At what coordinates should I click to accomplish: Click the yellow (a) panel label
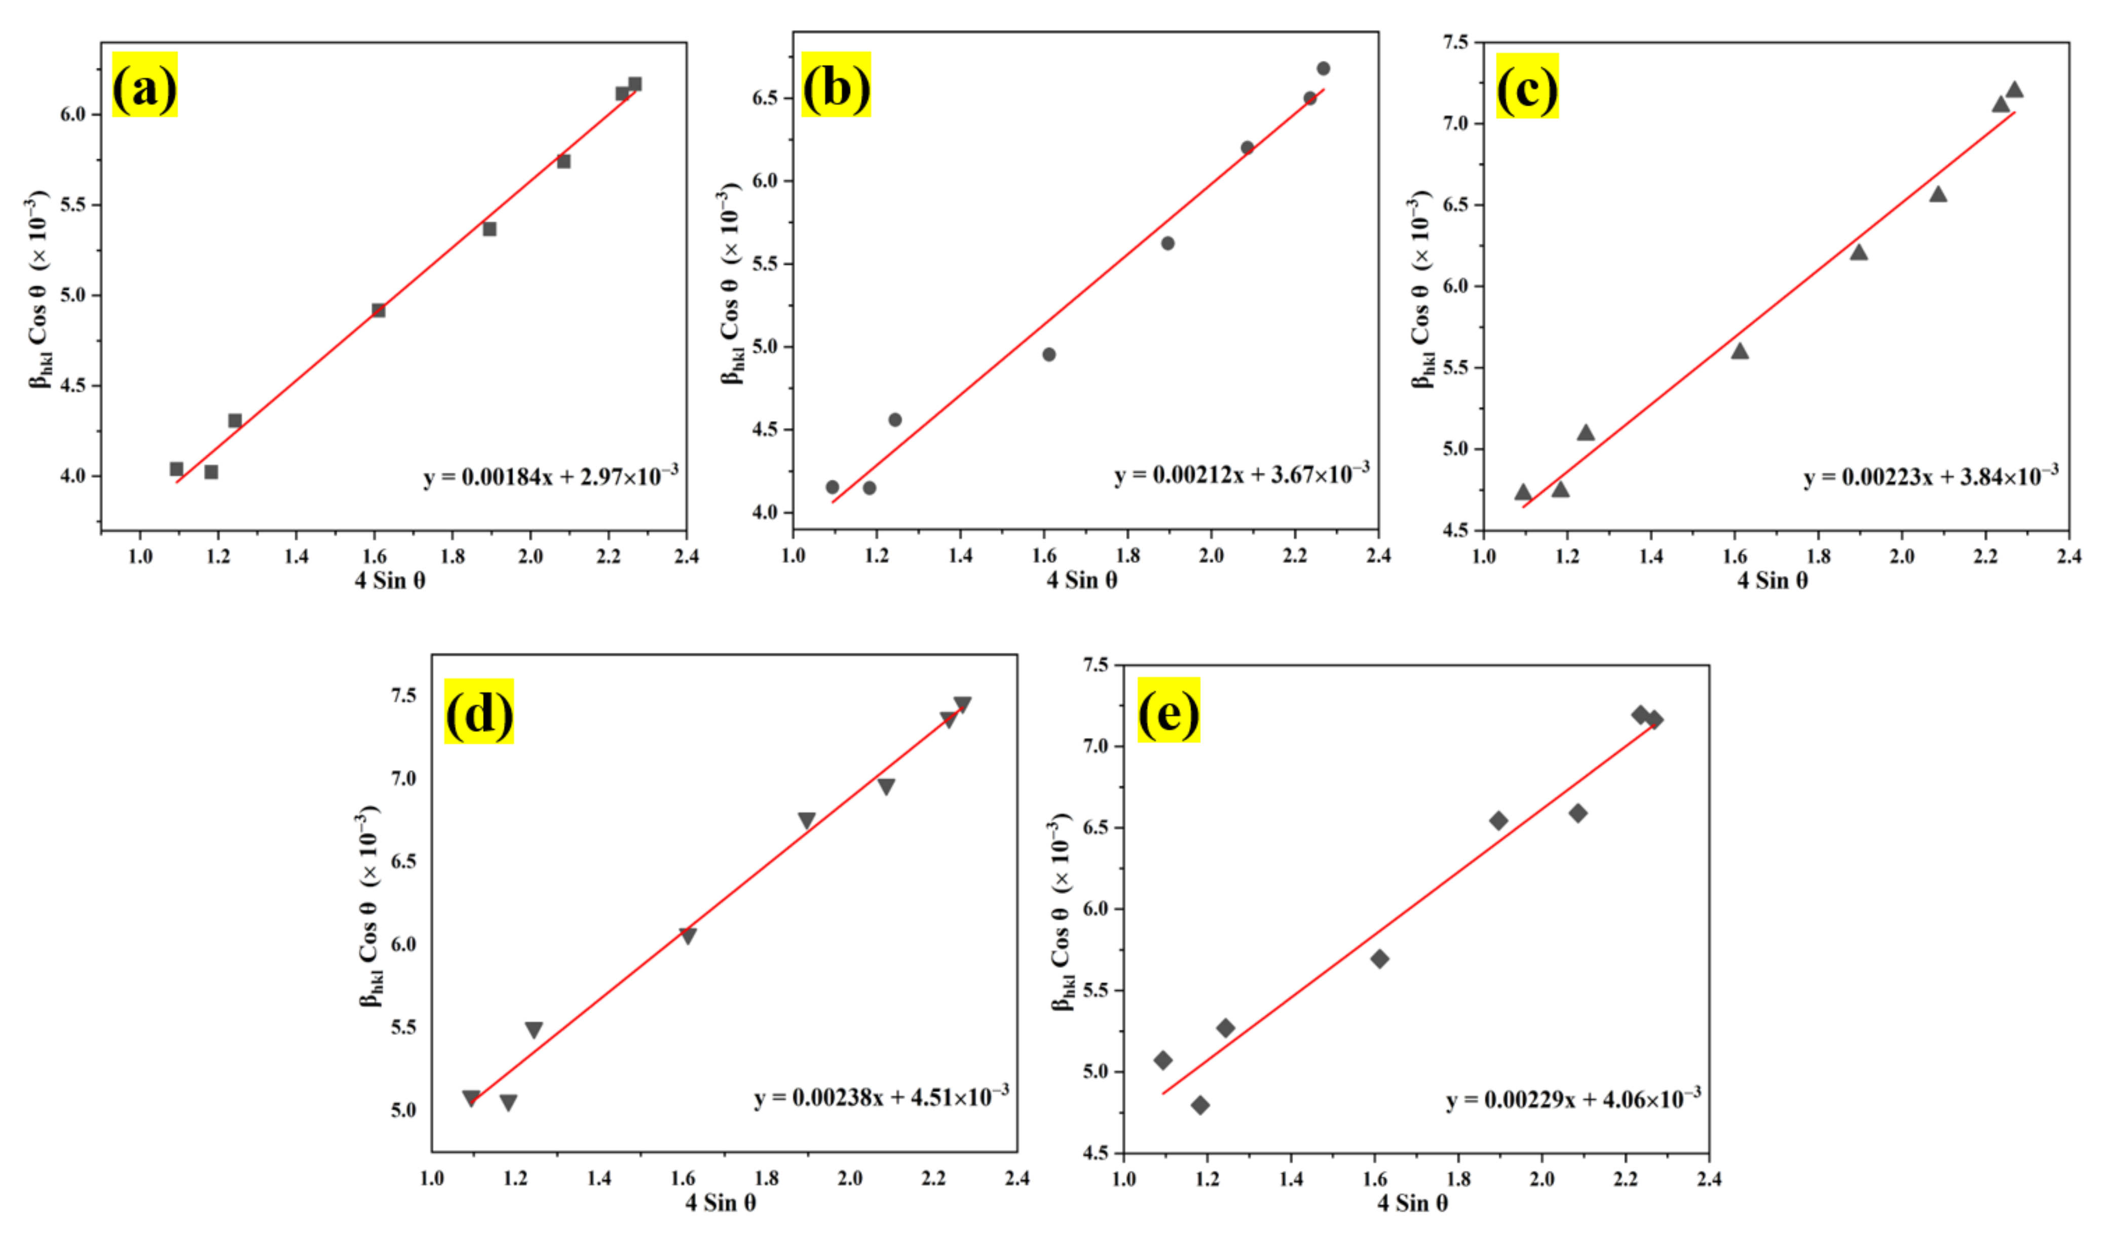(x=144, y=85)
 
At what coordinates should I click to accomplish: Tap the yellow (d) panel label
(x=478, y=711)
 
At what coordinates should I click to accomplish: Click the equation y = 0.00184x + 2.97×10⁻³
(x=550, y=477)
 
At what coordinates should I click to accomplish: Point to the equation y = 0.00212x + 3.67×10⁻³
(x=1241, y=474)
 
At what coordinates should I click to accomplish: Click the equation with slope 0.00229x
(x=1573, y=1099)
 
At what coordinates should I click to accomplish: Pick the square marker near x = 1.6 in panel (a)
(x=379, y=310)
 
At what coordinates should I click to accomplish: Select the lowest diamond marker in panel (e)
(x=1200, y=1105)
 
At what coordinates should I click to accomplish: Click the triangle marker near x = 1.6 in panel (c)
(x=1740, y=351)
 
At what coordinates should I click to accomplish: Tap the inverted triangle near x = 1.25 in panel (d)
(x=534, y=1029)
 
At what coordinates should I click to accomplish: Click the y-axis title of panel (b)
(x=730, y=284)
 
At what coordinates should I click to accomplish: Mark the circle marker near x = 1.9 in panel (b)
(x=1168, y=243)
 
